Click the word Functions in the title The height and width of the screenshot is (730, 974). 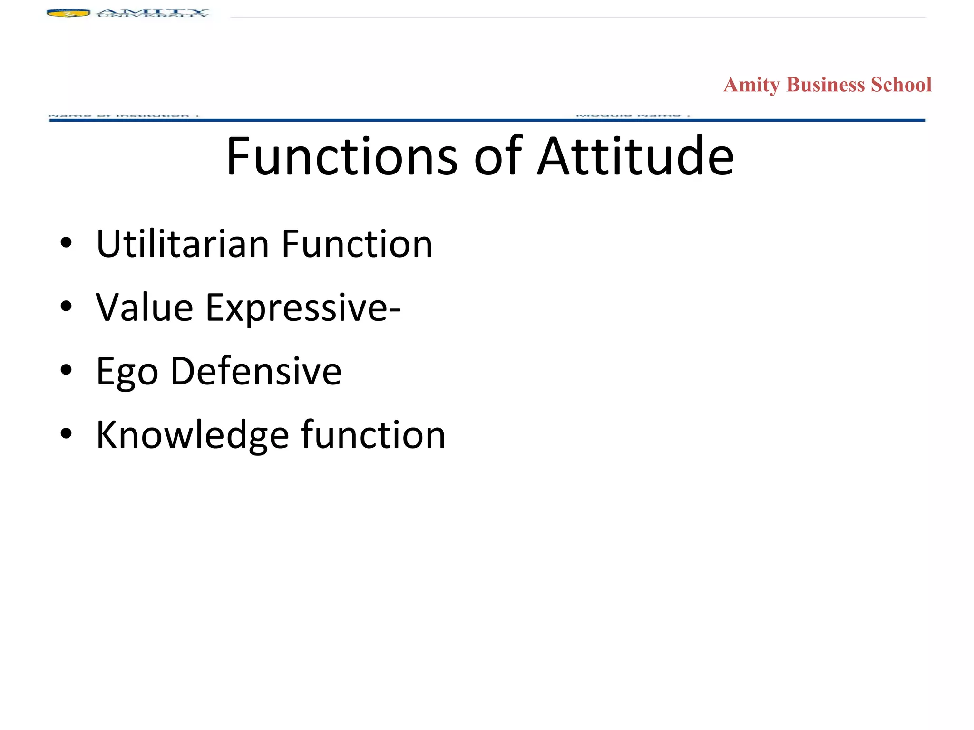pos(341,156)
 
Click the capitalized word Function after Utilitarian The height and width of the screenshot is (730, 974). pos(357,244)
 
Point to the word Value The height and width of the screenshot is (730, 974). pos(144,308)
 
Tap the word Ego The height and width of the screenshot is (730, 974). pos(127,372)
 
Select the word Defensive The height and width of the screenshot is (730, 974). pos(256,371)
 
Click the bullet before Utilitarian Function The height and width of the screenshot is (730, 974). pos(66,243)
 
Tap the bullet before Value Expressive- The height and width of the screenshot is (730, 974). pos(66,307)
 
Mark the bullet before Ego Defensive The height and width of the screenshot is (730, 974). pos(66,370)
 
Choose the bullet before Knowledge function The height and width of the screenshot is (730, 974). pos(66,433)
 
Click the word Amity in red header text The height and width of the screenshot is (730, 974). pos(751,85)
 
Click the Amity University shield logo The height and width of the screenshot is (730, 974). pos(68,13)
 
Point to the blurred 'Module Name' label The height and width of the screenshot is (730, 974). pos(633,115)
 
